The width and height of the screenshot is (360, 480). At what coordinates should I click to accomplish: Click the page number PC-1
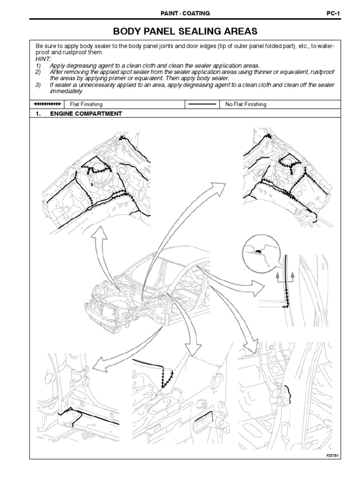click(333, 14)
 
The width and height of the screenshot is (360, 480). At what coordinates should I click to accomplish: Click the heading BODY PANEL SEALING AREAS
click(186, 32)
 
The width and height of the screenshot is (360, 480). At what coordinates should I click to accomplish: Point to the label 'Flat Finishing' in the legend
click(86, 105)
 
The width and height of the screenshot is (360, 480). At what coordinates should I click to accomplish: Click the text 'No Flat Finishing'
click(246, 105)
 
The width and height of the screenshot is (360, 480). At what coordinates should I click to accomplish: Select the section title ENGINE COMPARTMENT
click(86, 114)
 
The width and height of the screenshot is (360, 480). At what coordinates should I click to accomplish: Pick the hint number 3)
click(39, 85)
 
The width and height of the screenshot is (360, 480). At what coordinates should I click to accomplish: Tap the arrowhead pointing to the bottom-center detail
click(191, 351)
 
